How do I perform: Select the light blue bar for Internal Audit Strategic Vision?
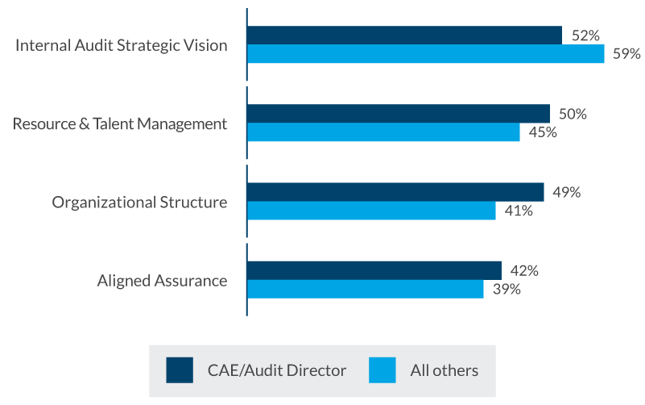point(425,54)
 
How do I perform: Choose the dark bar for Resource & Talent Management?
point(398,113)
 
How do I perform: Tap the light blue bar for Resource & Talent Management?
point(383,132)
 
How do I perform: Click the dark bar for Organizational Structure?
point(395,191)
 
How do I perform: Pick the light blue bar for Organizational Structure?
point(371,211)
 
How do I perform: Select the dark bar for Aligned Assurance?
point(374,269)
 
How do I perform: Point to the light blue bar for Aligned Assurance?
point(365,289)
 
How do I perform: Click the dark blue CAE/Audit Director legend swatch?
point(180,370)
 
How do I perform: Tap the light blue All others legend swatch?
point(382,370)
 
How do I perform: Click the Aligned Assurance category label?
point(162,281)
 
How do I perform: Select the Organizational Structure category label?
point(139,202)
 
